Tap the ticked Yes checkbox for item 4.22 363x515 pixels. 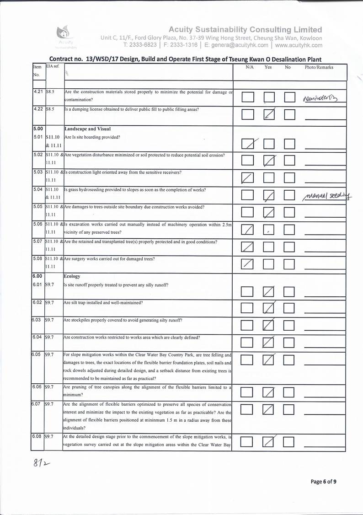tap(269, 114)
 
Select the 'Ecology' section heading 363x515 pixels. tap(72, 276)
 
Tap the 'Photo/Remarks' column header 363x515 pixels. tap(319, 67)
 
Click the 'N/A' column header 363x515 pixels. tap(250, 67)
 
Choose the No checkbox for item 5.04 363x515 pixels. tap(289, 195)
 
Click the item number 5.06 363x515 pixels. tap(38, 224)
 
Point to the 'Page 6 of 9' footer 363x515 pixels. tap(323, 481)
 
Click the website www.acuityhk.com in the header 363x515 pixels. tap(299, 45)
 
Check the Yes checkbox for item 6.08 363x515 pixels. tap(269, 442)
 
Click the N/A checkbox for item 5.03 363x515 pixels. tap(248, 178)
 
